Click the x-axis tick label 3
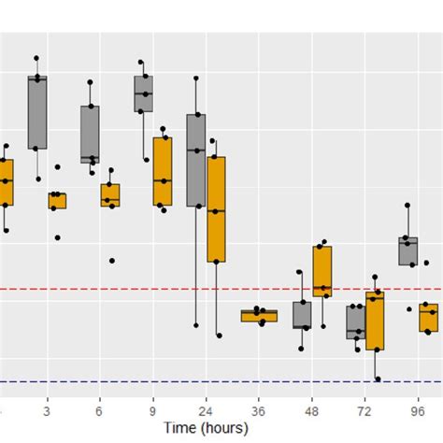pos(47,409)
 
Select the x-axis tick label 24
pos(206,409)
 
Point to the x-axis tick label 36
pos(259,409)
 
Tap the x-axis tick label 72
pos(365,409)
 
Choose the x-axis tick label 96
pos(418,409)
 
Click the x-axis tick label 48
pos(312,409)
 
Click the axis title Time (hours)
pos(206,427)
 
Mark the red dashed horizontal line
pos(140,289)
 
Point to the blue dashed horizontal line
pos(140,381)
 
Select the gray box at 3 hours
pos(37,112)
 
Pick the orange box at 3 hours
pos(57,200)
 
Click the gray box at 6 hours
pos(90,134)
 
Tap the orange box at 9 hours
pos(163,172)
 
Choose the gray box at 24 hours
pos(196,160)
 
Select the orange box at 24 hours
pos(216,208)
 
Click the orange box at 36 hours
pos(252,316)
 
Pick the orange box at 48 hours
pos(322,272)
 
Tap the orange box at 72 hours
pos(376,322)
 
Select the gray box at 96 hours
pos(408,251)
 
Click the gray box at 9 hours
pos(143,94)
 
